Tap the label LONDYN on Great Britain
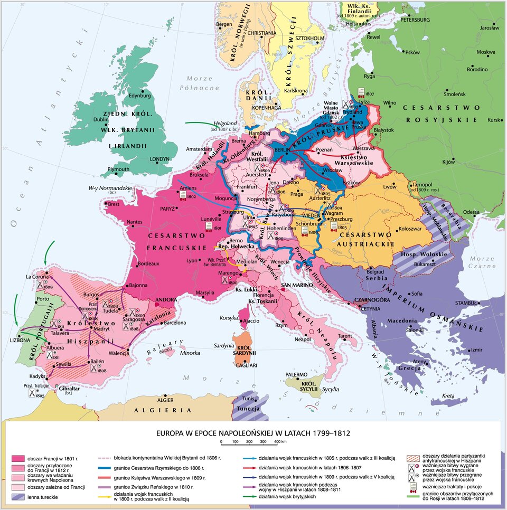pyautogui.click(x=159, y=158)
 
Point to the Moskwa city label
pyautogui.click(x=486, y=52)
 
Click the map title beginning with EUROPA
pyautogui.click(x=253, y=432)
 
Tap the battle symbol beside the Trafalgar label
pyautogui.click(x=33, y=393)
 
